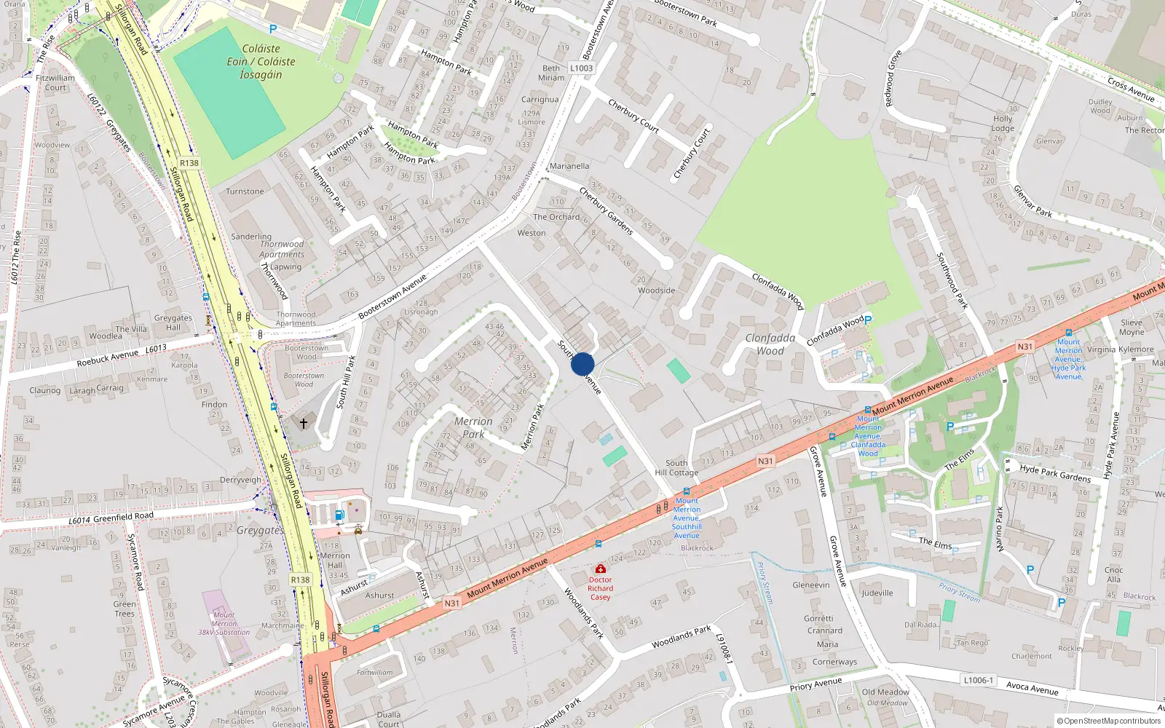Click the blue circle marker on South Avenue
(582, 364)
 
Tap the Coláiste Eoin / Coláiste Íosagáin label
(261, 62)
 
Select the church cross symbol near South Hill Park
(304, 422)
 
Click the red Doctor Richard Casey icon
(600, 569)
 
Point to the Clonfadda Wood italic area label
(770, 344)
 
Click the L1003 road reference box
(581, 68)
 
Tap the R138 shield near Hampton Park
(189, 163)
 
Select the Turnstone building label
(245, 191)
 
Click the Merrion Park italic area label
(473, 428)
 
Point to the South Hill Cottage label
(676, 467)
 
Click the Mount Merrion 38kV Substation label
(224, 624)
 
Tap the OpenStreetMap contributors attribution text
(1109, 721)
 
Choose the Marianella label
(569, 166)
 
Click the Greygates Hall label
(173, 323)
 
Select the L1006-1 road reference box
(978, 680)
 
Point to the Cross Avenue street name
(1131, 90)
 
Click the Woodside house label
(657, 290)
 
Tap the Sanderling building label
(251, 237)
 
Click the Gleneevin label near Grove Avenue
(810, 585)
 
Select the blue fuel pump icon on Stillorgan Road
(339, 515)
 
